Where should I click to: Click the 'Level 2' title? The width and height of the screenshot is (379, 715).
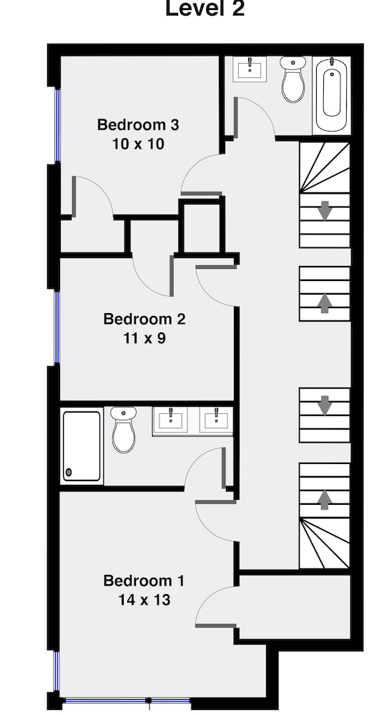pos(205,9)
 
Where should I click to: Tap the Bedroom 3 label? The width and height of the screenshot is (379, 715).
pos(138,124)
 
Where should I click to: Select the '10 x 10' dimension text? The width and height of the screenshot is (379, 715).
pos(138,144)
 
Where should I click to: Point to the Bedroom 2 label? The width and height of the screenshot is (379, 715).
pos(144,318)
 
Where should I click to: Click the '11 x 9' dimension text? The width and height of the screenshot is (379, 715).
pos(144,337)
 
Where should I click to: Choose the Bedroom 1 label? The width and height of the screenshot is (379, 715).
pos(144,580)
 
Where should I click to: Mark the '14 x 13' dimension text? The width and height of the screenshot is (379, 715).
pos(144,600)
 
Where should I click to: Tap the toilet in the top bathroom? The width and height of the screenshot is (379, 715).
pos(292,80)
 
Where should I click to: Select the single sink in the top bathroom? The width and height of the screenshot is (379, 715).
pos(250,69)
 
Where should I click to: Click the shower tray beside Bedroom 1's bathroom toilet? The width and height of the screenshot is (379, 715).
pos(82,445)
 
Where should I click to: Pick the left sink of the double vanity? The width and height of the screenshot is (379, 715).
pos(172,420)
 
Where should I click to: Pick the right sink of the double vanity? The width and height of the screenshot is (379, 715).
pos(215,420)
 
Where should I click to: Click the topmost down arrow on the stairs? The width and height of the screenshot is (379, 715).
pos(325,211)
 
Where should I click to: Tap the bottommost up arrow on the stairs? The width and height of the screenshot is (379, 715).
pos(325,499)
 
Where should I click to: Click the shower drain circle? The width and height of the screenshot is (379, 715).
pos(69,472)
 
